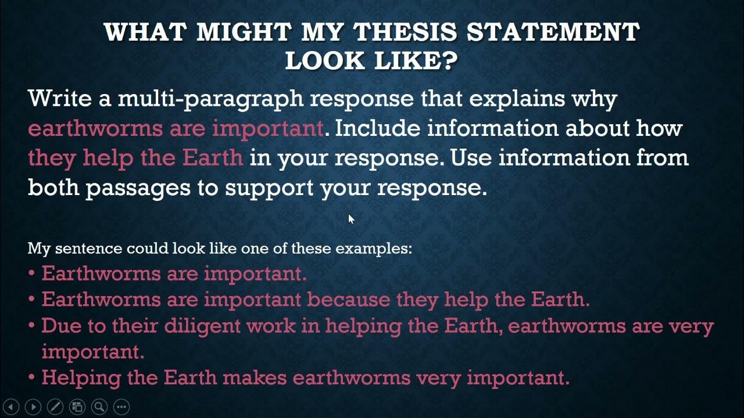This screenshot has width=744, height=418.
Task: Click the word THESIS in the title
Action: point(400,32)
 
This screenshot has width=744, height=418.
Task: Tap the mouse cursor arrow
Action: point(351,219)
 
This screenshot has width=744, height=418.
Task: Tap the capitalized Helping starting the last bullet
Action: point(81,378)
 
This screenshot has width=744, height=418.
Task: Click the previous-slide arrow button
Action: point(11,407)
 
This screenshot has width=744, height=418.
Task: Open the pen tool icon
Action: point(55,407)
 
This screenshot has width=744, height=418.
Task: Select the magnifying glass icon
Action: point(99,407)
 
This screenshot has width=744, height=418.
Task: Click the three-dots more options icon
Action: point(121,407)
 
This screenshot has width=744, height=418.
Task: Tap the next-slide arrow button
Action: point(33,407)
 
